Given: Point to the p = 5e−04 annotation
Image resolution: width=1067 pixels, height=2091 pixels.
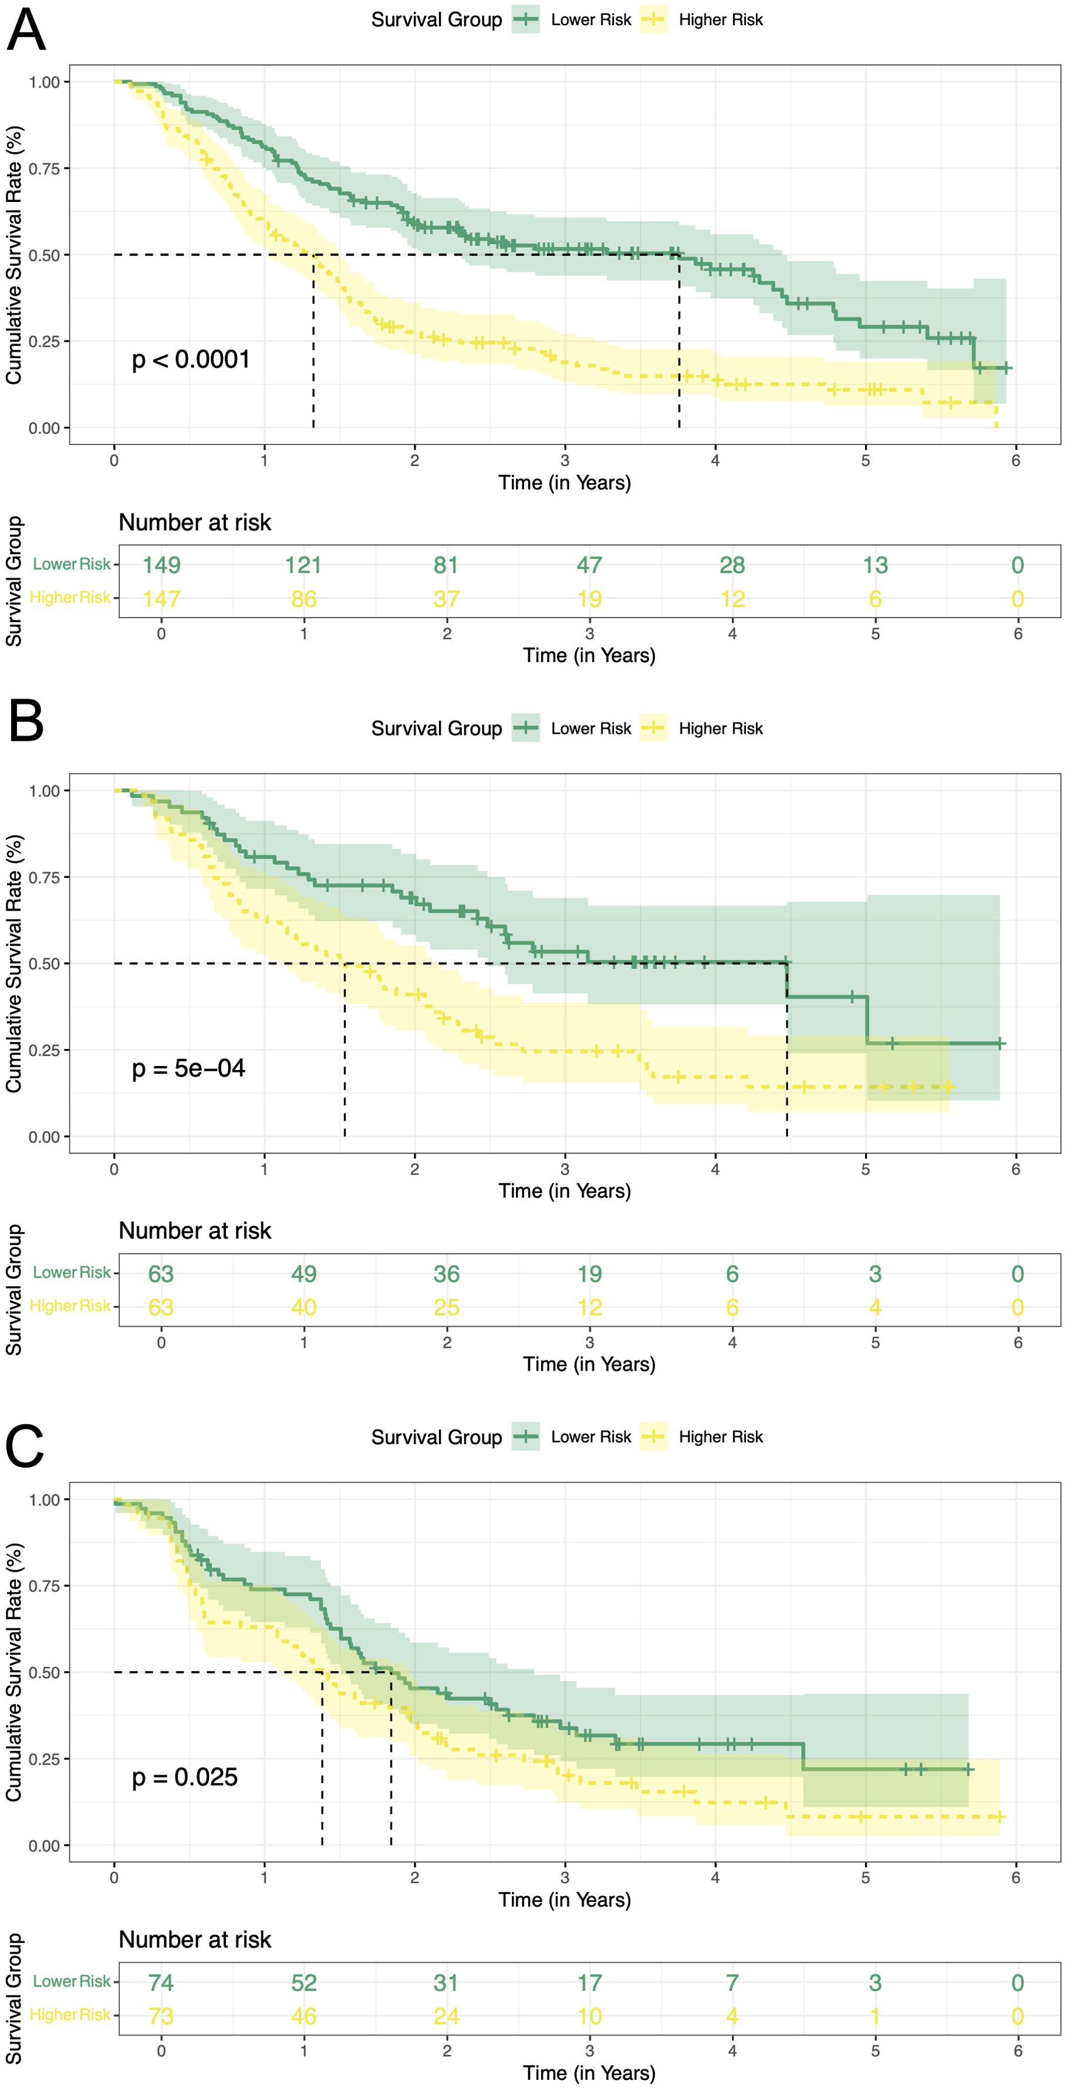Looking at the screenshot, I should point(188,1068).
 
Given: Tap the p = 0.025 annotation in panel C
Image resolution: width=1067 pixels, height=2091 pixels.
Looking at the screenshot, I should point(184,1777).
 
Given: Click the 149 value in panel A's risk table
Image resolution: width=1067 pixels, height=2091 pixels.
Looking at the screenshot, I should point(161,565).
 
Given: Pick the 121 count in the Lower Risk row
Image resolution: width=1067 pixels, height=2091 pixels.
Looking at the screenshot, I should point(303,565).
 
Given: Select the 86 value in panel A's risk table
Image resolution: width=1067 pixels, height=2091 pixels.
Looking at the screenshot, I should point(303,599).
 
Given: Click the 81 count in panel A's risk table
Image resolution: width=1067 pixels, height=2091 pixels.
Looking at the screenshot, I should point(446,565).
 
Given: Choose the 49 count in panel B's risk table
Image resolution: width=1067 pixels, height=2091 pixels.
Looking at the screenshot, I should point(303,1274).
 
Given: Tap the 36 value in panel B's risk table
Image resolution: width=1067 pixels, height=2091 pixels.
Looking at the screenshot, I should point(446,1274).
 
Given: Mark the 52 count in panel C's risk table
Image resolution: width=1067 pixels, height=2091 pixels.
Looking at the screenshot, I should point(303,1982).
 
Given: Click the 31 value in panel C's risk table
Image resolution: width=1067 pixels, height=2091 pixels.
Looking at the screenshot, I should point(446,1982).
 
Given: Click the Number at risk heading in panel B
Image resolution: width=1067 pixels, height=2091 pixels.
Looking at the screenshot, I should point(195,1230).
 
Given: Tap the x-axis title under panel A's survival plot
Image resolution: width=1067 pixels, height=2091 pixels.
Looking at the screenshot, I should point(565,483).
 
